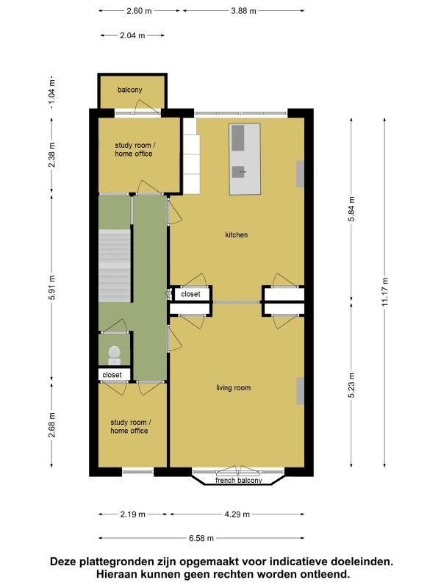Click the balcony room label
(130, 90)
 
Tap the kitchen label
(236, 234)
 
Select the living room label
(233, 388)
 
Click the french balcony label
(238, 480)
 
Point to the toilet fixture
(115, 355)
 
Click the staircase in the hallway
(115, 265)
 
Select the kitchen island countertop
(245, 159)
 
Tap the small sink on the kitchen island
(238, 172)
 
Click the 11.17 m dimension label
(384, 292)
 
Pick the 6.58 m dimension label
(201, 538)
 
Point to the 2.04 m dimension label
(132, 35)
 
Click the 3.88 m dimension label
(243, 11)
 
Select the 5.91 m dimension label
(51, 287)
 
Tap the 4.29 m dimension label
(237, 514)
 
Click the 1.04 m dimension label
(51, 93)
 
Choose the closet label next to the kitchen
(190, 294)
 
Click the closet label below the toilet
(112, 375)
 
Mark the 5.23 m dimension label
(351, 385)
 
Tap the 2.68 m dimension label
(51, 425)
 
